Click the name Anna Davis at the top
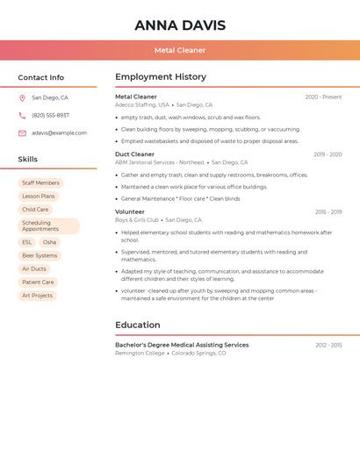pyautogui.click(x=180, y=25)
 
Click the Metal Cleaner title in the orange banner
pyautogui.click(x=180, y=50)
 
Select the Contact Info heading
pyautogui.click(x=40, y=77)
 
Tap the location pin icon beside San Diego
pyautogui.click(x=22, y=98)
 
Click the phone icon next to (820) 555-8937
pyautogui.click(x=22, y=116)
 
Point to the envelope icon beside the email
pyautogui.click(x=22, y=133)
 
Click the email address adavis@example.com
pyautogui.click(x=59, y=133)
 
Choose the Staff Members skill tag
pyautogui.click(x=40, y=183)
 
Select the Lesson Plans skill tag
pyautogui.click(x=38, y=197)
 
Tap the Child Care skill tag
pyautogui.click(x=35, y=210)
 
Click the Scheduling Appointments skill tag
pyautogui.click(x=48, y=226)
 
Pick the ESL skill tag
pyautogui.click(x=27, y=242)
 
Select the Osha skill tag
pyautogui.click(x=49, y=242)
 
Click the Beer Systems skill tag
pyautogui.click(x=40, y=255)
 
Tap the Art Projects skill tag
pyautogui.click(x=37, y=296)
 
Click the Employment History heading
pyautogui.click(x=161, y=77)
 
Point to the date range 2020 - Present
pyautogui.click(x=323, y=97)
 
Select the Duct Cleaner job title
pyautogui.click(x=134, y=154)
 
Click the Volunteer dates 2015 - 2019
pyautogui.click(x=328, y=212)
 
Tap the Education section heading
pyautogui.click(x=137, y=325)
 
